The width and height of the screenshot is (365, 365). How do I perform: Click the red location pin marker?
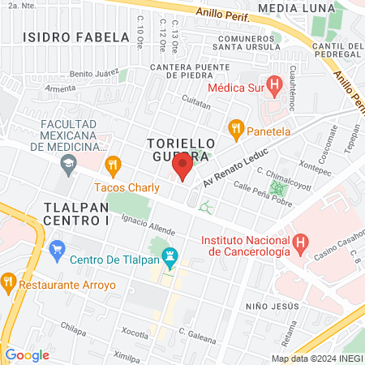click(182, 167)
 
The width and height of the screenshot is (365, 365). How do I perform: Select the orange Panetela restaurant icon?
click(236, 127)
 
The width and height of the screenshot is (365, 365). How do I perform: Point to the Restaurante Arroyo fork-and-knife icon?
click(9, 283)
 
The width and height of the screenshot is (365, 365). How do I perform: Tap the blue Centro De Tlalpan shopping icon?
click(57, 247)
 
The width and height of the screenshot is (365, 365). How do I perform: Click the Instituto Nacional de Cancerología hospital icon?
click(301, 241)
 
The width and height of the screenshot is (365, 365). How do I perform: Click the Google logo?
click(27, 354)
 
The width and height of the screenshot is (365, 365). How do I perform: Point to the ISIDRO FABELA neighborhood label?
click(76, 37)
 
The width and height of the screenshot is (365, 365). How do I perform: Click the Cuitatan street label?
click(196, 105)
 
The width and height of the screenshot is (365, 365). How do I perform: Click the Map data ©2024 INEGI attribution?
click(316, 359)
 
